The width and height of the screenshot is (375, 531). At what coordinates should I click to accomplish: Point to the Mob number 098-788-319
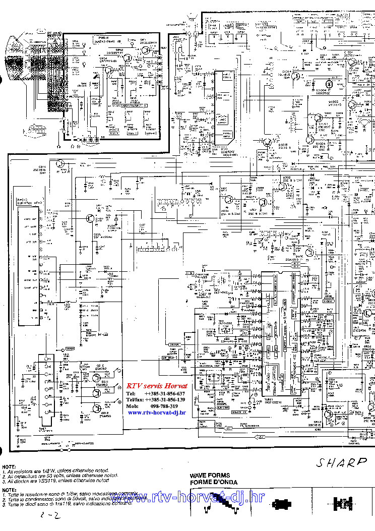pyautogui.click(x=161, y=406)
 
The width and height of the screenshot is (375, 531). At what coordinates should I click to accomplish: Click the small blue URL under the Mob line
pyautogui.click(x=157, y=412)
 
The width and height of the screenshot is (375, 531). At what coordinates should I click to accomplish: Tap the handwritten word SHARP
pyautogui.click(x=342, y=463)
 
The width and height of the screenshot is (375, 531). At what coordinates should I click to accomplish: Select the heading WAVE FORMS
pyautogui.click(x=210, y=475)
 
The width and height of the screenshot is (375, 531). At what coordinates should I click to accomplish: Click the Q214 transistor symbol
pyautogui.click(x=60, y=164)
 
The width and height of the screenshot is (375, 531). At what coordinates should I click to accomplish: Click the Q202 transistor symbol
pyautogui.click(x=89, y=218)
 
